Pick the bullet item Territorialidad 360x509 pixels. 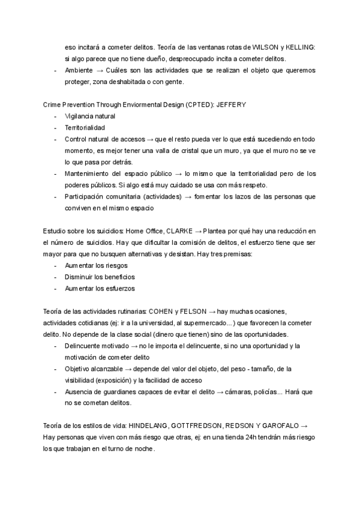85,128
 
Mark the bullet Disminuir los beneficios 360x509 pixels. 100,277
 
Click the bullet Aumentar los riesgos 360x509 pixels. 96,265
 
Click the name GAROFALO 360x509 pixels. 277,426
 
